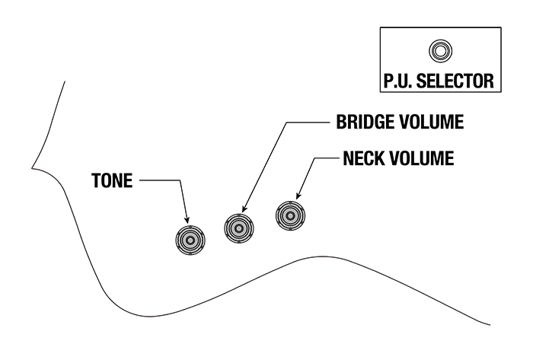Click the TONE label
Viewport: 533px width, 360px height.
pyautogui.click(x=113, y=181)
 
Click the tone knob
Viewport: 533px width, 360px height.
pyautogui.click(x=190, y=240)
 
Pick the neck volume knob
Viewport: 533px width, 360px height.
pyautogui.click(x=290, y=216)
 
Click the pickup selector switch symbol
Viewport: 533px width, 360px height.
pyautogui.click(x=439, y=51)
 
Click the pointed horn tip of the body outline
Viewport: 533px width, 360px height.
pyautogui.click(x=31, y=166)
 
